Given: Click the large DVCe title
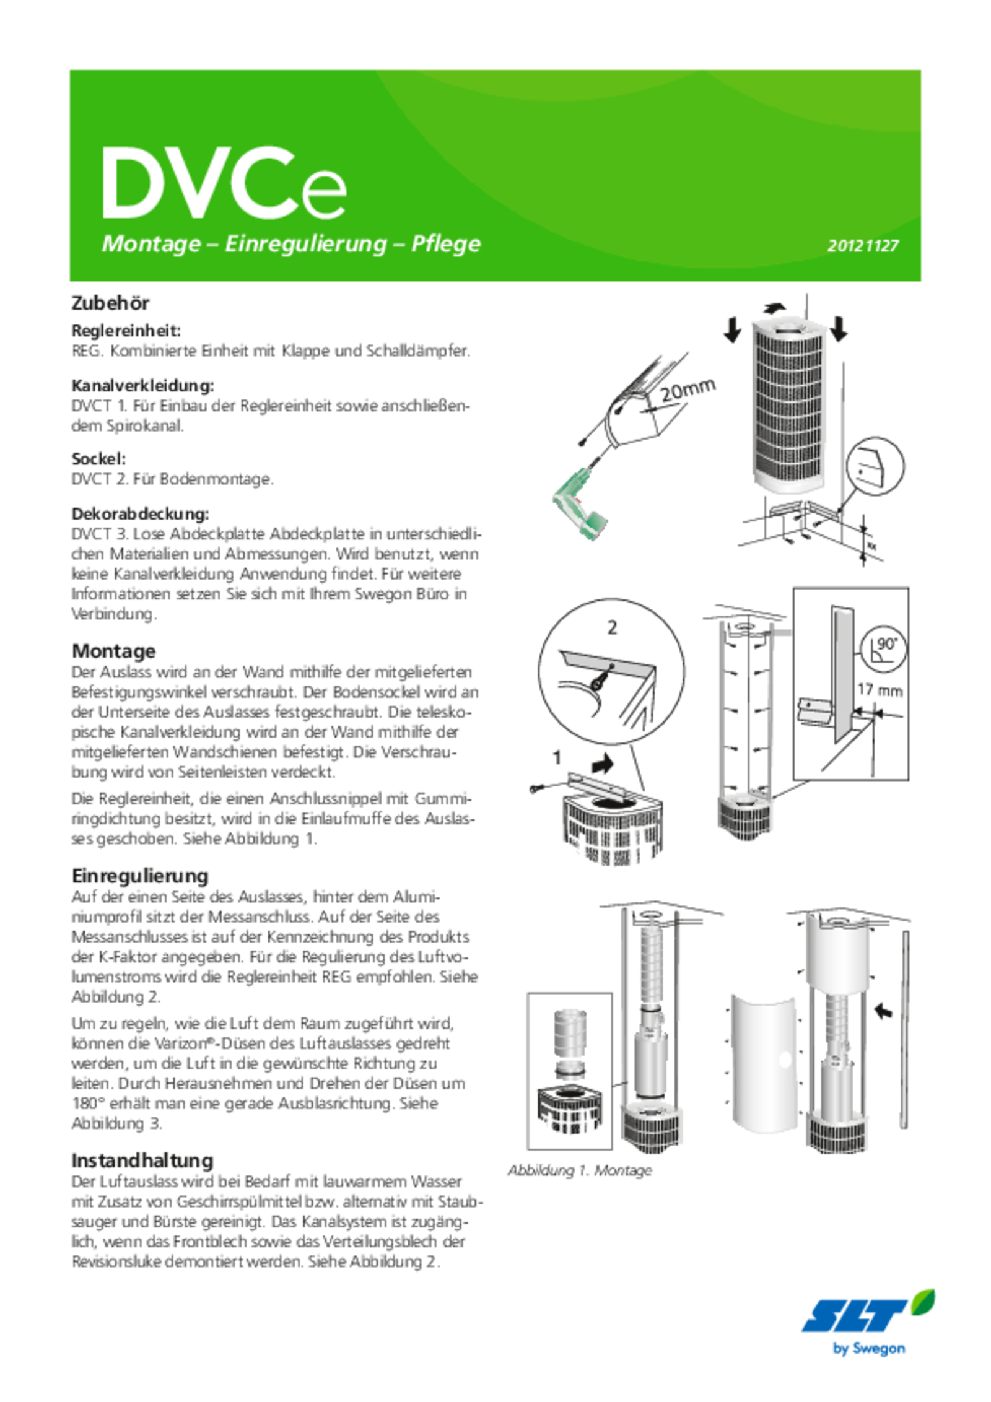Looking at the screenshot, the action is [224, 184].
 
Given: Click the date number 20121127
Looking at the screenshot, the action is [863, 245].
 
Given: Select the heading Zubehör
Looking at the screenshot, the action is [110, 303].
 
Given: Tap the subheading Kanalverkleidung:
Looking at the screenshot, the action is [143, 385].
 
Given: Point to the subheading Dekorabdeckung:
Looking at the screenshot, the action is [141, 513].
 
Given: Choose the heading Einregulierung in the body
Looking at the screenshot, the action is [140, 876].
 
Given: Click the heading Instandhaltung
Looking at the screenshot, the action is [142, 1160].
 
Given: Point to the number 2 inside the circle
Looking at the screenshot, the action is [612, 628].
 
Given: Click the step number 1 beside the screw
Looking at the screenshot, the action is [557, 758].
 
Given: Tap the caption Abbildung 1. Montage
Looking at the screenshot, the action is [580, 1170].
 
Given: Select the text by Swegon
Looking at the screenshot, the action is [869, 1348].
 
